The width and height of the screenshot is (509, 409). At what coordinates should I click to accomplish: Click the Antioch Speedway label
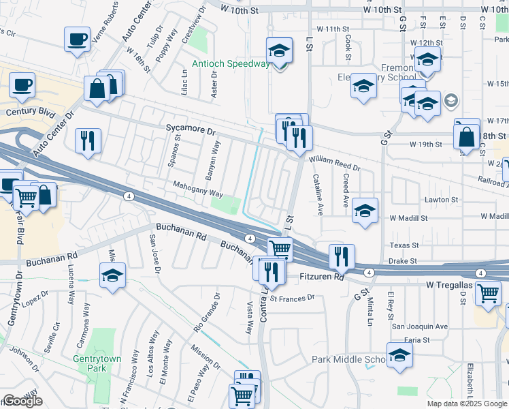pyautogui.click(x=231, y=64)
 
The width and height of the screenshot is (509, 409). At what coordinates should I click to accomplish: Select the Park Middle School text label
pyautogui.click(x=348, y=359)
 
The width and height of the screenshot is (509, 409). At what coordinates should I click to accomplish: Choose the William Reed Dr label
pyautogui.click(x=334, y=162)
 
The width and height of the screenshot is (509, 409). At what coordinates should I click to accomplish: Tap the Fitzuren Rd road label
pyautogui.click(x=323, y=277)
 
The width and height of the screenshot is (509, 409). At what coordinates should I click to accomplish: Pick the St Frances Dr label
pyautogui.click(x=293, y=297)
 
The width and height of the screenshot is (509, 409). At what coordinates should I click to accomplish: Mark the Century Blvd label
pyautogui.click(x=29, y=111)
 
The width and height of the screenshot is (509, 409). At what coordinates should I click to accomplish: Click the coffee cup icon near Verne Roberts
pyautogui.click(x=78, y=39)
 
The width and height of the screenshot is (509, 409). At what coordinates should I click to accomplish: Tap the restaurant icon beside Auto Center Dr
pyautogui.click(x=88, y=140)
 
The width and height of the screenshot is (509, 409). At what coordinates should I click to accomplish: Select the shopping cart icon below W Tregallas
pyautogui.click(x=488, y=293)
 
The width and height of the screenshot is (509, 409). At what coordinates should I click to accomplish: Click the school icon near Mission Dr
pyautogui.click(x=112, y=277)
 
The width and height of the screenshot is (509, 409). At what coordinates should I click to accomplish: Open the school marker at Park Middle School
pyautogui.click(x=399, y=355)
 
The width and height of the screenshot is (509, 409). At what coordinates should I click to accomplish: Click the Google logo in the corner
pyautogui.click(x=22, y=401)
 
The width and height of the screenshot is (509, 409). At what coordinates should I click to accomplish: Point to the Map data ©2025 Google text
pyautogui.click(x=467, y=404)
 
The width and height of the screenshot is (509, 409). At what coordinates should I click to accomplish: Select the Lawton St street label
pyautogui.click(x=442, y=200)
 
